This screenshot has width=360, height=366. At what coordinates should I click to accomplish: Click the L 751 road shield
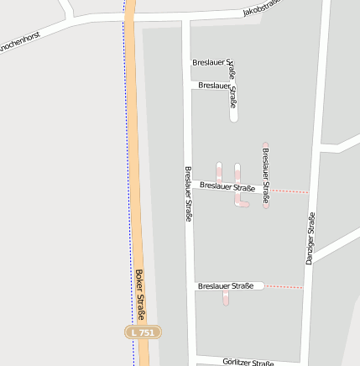click(x=143, y=333)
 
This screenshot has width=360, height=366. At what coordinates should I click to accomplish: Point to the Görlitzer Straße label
click(x=248, y=363)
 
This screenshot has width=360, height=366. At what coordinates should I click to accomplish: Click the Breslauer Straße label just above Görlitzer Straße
click(x=226, y=286)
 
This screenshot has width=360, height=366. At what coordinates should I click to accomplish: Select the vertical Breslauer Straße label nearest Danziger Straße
click(x=265, y=175)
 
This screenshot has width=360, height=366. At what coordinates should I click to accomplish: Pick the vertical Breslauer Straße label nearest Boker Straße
click(x=187, y=193)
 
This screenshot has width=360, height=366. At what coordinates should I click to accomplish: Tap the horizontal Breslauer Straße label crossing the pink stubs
click(x=227, y=186)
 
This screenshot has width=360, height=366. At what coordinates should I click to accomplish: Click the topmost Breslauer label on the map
click(x=211, y=63)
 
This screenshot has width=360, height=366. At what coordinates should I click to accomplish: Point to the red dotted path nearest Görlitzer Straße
click(x=284, y=287)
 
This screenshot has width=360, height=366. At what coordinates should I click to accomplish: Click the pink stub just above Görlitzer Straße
click(x=226, y=298)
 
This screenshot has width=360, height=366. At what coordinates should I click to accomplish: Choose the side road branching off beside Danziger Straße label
click(x=336, y=243)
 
